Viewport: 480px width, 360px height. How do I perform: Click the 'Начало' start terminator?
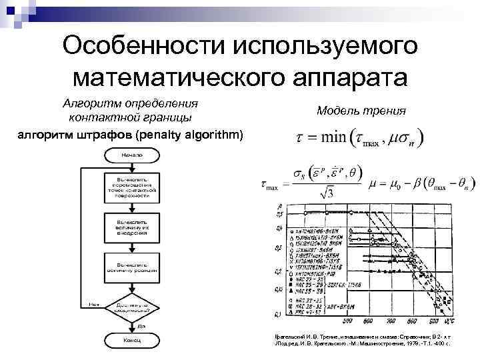131,155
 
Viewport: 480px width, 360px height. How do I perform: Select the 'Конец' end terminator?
131,341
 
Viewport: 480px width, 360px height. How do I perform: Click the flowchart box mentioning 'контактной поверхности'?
131,187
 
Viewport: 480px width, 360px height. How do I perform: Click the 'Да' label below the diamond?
141,326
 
